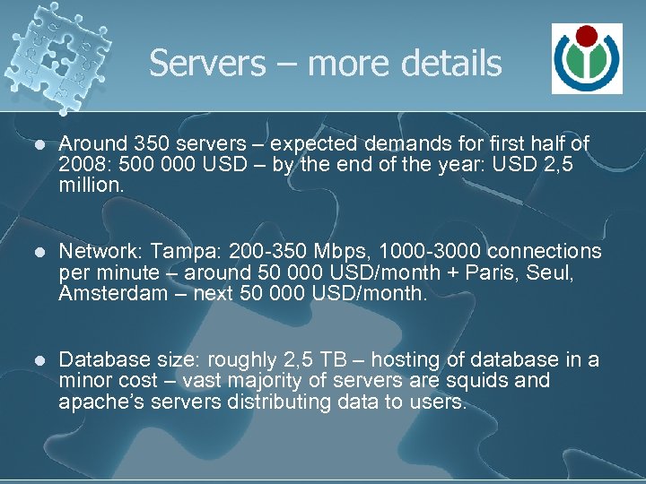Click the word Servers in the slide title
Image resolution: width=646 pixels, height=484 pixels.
pyautogui.click(x=207, y=64)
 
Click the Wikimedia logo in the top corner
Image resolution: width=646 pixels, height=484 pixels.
pyautogui.click(x=587, y=59)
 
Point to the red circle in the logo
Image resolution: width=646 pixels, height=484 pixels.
pyautogui.click(x=587, y=36)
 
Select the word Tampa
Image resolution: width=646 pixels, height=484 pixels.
pyautogui.click(x=178, y=253)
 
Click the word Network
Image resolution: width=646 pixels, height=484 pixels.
pyautogui.click(x=93, y=253)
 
